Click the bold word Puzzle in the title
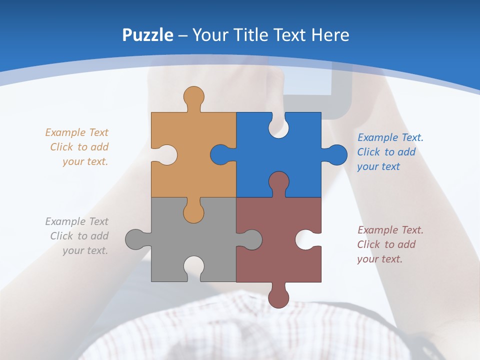[147, 35]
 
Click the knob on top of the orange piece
[193, 96]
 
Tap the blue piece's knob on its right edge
[336, 154]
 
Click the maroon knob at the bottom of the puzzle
[278, 297]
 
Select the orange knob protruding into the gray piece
[193, 211]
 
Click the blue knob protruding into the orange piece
[220, 154]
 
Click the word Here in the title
[330, 35]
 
